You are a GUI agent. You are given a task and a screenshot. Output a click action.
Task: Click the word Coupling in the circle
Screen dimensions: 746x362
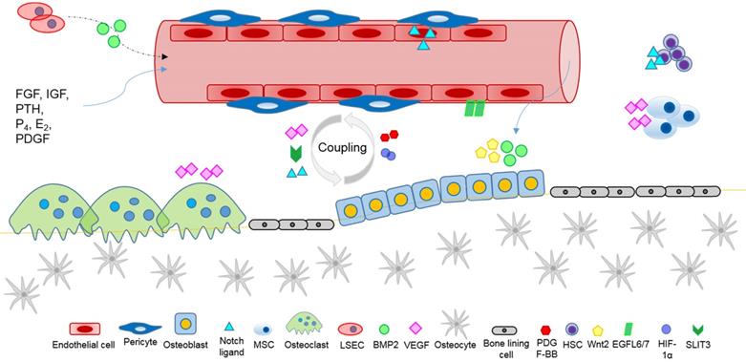(343, 148)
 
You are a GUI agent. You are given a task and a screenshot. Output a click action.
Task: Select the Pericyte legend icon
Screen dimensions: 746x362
(140, 328)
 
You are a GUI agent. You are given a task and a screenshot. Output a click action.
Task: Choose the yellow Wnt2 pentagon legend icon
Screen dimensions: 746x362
(598, 328)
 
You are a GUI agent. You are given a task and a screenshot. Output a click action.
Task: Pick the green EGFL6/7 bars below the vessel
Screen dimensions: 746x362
(475, 108)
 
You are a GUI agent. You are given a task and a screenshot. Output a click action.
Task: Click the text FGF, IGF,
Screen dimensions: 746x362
(42, 94)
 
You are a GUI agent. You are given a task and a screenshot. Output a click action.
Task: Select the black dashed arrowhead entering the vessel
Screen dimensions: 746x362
(165, 57)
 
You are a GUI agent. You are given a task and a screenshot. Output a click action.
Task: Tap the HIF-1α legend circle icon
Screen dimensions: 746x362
(667, 329)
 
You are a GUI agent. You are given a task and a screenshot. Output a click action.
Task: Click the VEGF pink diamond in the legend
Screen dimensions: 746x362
(416, 328)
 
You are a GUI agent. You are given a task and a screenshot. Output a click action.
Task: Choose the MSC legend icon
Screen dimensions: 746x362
(262, 329)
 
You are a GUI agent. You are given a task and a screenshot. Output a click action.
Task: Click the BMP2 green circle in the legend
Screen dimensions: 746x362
(384, 329)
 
